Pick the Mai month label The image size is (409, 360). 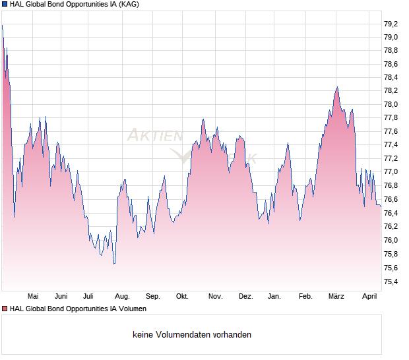tap(34, 297)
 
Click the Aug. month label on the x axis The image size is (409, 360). tap(121, 297)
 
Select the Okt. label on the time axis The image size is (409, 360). tap(183, 297)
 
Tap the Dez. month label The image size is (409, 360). tap(245, 297)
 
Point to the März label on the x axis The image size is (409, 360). tap(336, 297)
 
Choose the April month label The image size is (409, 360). tap(370, 297)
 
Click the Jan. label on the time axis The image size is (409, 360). tap(274, 297)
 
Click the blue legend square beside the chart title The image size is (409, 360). tap(5, 4)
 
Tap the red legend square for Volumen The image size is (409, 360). tap(5, 309)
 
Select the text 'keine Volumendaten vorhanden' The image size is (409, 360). tap(192, 335)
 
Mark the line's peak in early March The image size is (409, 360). tap(336, 87)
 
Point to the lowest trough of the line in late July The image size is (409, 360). tap(114, 264)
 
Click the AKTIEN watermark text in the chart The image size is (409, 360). tap(154, 136)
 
